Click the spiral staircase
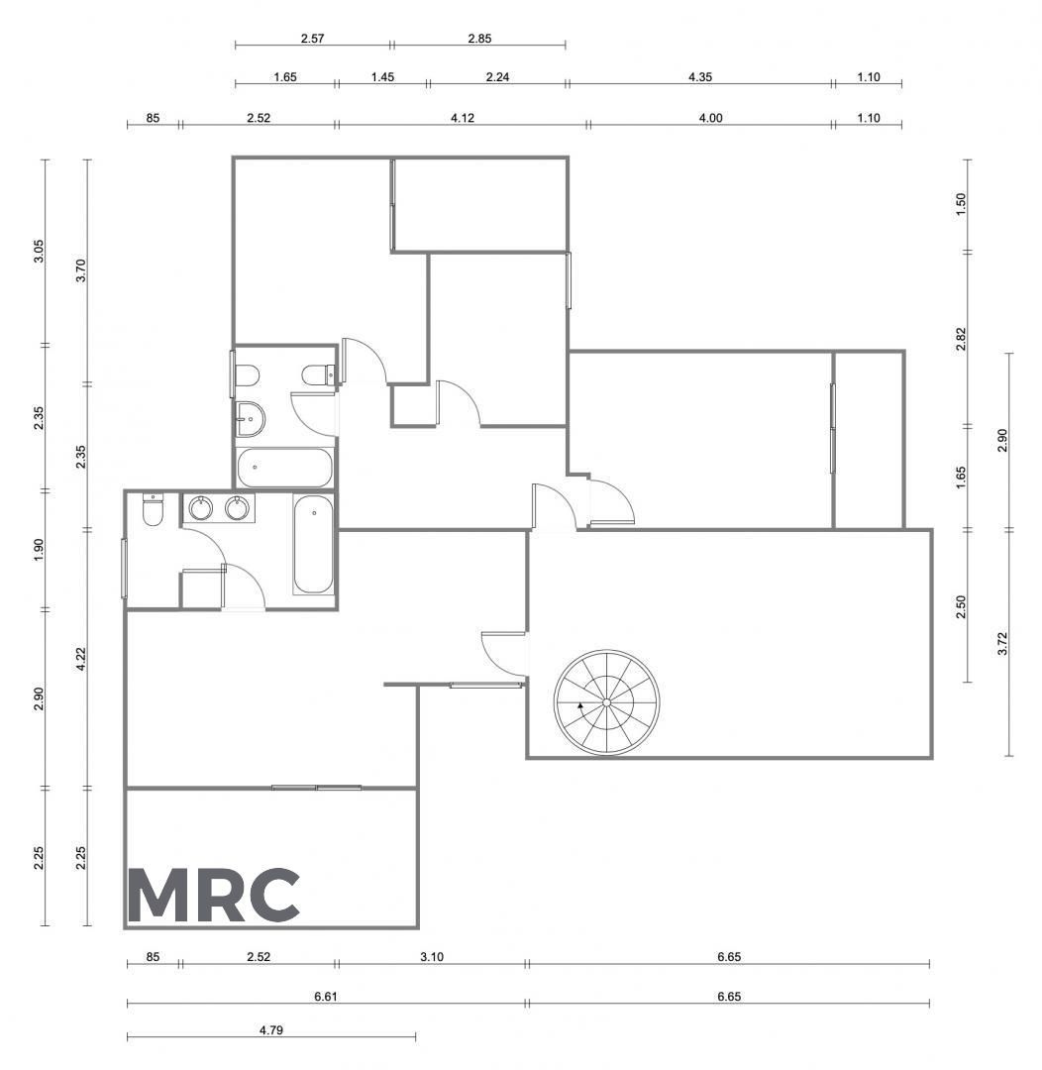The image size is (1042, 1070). click(606, 702)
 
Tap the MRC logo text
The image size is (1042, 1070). click(214, 895)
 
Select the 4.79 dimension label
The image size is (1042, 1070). click(271, 1029)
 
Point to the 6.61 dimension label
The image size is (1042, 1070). click(326, 997)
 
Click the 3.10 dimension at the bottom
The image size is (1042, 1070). click(432, 957)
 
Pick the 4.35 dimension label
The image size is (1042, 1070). click(700, 77)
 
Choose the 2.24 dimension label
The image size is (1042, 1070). click(497, 77)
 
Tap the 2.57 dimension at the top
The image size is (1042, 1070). click(313, 39)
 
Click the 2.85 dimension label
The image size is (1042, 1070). click(479, 39)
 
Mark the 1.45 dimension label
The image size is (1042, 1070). click(382, 77)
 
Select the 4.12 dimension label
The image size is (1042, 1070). click(463, 118)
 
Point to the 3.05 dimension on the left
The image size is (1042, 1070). click(39, 251)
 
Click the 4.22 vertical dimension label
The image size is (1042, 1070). click(81, 659)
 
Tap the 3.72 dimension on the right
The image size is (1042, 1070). click(1002, 644)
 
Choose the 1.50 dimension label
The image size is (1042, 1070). click(961, 204)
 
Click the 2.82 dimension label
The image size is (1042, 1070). click(961, 339)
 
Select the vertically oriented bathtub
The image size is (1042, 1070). click(313, 545)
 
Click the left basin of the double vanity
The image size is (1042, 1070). click(201, 508)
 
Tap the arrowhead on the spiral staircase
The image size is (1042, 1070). click(580, 705)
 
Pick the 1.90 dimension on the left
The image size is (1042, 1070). click(39, 550)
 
